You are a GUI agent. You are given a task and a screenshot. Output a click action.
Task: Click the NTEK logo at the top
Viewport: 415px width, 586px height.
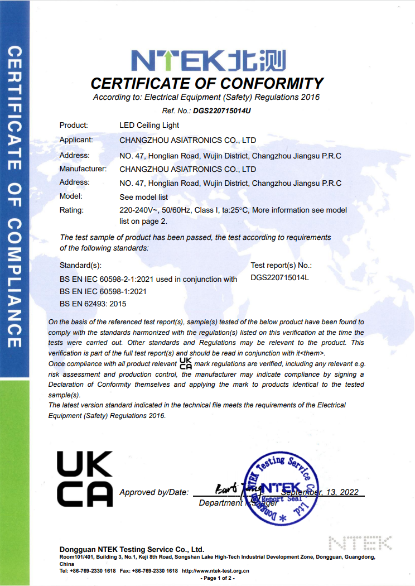point(207,61)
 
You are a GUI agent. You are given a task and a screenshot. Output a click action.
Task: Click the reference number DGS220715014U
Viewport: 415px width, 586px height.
point(222,111)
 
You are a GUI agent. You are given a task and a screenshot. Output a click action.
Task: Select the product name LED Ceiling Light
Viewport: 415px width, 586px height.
point(148,126)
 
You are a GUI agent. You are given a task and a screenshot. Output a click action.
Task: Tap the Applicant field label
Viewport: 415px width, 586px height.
point(76,140)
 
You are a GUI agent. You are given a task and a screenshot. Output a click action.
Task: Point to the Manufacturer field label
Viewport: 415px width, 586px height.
point(83,169)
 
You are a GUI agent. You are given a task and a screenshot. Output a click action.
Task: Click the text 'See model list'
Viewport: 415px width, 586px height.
point(143,197)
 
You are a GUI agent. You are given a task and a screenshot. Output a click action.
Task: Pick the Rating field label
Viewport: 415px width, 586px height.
point(71,210)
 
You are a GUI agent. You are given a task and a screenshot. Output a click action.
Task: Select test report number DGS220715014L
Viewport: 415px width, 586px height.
point(279,277)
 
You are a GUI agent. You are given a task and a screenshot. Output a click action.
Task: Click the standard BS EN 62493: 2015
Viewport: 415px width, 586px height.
point(93,304)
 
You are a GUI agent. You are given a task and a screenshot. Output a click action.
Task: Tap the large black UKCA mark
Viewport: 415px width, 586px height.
point(85,479)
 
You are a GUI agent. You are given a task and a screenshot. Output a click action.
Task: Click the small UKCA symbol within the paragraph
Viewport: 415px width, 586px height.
point(185,364)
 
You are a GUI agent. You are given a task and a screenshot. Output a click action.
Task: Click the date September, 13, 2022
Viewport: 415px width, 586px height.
point(320,492)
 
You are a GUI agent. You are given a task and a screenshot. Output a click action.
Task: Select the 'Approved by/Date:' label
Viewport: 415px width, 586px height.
point(154,492)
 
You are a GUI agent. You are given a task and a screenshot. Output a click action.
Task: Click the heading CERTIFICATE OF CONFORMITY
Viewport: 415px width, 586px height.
point(207,84)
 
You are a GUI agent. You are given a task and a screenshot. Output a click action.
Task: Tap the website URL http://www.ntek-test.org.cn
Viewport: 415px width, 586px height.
point(215,571)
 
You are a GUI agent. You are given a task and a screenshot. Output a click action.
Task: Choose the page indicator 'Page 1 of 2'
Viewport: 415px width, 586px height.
point(218,578)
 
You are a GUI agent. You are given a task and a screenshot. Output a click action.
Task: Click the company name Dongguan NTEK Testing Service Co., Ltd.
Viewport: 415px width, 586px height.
point(132,549)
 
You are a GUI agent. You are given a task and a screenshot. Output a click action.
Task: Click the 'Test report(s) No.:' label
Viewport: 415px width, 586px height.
point(281,266)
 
